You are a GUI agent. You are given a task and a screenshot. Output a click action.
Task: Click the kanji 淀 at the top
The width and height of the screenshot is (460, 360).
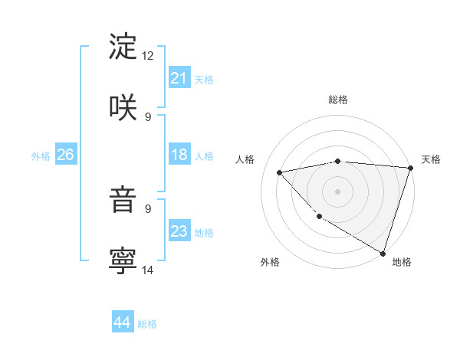click(123, 47)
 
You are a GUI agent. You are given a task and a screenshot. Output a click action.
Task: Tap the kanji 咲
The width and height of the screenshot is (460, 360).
click(123, 106)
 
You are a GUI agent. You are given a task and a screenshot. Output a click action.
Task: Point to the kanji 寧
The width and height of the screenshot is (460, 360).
click(123, 260)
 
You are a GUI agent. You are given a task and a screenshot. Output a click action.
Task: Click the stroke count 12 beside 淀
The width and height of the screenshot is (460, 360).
click(148, 56)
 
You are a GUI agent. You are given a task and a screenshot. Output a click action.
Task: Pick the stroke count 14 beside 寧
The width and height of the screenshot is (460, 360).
click(148, 269)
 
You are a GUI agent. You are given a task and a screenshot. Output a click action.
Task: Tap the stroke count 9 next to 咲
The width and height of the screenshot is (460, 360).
click(148, 116)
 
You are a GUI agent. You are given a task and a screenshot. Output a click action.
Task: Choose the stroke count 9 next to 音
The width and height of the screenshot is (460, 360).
click(148, 208)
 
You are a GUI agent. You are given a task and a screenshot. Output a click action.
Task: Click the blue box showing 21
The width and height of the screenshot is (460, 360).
click(179, 78)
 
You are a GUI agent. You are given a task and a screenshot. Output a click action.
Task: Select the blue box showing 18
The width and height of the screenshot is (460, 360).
click(179, 155)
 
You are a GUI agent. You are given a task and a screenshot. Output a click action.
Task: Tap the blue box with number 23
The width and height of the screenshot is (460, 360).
click(179, 231)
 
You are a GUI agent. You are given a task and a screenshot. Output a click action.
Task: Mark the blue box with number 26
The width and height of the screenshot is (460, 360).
click(66, 155)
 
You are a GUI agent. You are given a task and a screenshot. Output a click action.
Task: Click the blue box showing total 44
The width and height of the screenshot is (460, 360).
click(123, 322)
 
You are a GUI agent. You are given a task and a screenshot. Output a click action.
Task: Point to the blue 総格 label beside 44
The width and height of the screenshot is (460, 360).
click(148, 324)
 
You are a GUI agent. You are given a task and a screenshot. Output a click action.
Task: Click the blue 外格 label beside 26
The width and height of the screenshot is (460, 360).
click(41, 156)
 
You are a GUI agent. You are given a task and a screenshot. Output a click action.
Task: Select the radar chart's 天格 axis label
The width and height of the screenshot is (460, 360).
click(431, 159)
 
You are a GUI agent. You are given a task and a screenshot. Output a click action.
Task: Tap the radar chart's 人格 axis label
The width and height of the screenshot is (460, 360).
click(245, 159)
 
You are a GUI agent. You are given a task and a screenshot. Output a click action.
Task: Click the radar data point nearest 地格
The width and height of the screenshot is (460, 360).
click(383, 253)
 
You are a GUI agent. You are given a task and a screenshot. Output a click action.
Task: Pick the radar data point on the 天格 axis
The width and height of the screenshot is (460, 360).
click(410, 168)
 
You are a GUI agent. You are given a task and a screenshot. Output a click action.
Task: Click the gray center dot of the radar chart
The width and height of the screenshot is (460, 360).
click(337, 191)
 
